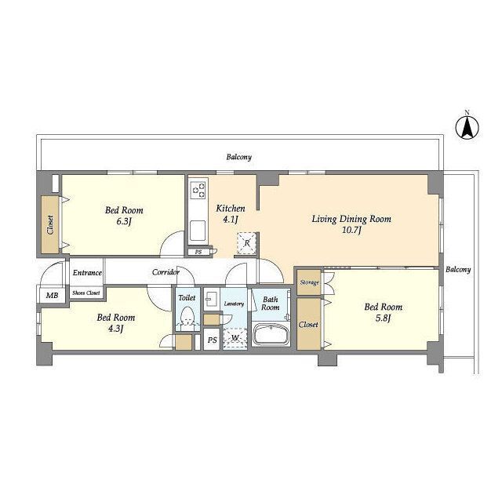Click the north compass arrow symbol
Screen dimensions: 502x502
467,128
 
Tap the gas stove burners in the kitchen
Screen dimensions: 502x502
198,190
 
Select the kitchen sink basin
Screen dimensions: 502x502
198,231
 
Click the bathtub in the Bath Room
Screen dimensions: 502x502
271,335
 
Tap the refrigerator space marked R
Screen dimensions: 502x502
247,243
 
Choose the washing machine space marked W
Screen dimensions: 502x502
235,338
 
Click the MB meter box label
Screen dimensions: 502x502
53,295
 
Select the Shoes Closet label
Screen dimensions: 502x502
86,293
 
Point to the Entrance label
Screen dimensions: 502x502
87,273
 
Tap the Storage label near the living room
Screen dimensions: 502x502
310,282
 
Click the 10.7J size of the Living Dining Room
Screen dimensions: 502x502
351,230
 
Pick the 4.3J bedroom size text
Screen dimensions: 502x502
115,329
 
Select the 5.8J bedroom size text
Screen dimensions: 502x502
384,318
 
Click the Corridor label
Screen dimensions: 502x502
166,272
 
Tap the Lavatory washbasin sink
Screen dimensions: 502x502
211,300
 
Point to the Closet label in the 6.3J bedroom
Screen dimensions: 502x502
50,225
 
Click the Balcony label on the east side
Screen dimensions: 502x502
458,270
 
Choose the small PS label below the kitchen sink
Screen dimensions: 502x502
198,253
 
